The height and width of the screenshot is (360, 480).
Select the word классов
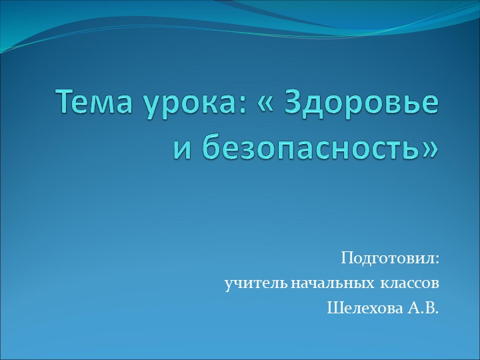[410, 284]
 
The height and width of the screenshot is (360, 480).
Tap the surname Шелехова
[365, 309]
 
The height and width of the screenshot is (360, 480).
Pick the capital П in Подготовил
[347, 258]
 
